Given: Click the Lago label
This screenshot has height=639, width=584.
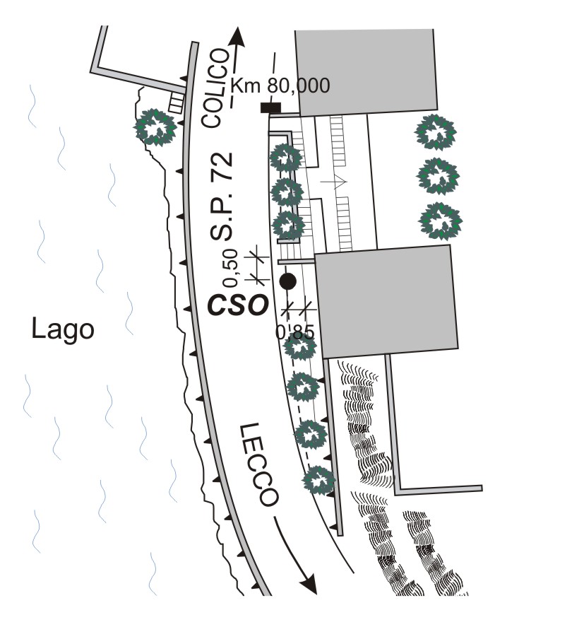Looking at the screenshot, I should [x=63, y=329].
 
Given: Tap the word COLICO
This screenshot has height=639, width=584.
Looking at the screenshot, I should [x=217, y=88].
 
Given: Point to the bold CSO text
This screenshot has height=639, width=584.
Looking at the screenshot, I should [x=238, y=305].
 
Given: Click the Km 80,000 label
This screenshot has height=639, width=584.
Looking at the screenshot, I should [x=280, y=86].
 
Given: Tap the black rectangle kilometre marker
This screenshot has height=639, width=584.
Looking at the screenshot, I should [x=270, y=107].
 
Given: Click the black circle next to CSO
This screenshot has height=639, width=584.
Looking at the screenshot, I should [x=287, y=281].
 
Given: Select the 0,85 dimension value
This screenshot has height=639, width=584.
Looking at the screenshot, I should [x=294, y=332].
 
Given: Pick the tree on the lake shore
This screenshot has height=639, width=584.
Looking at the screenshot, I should [x=155, y=127].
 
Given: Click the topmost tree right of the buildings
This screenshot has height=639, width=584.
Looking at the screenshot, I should [x=435, y=132].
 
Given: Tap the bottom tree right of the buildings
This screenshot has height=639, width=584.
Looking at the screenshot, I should [x=440, y=221].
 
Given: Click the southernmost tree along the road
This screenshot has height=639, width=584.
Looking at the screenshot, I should [x=318, y=480].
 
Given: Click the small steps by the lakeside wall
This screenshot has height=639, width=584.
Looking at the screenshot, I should [x=174, y=103].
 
